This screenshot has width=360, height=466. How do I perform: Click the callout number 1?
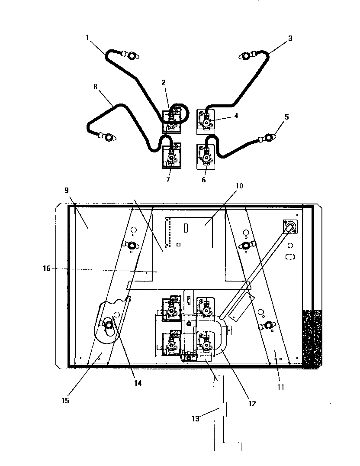[87, 37]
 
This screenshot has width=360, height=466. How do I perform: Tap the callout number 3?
[290, 39]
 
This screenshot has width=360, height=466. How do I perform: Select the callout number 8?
[95, 87]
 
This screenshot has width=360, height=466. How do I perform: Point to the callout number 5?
[286, 117]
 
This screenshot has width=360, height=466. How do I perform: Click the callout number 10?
[239, 186]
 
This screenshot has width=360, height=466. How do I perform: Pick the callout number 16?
[47, 269]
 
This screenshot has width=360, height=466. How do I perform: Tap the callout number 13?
[196, 419]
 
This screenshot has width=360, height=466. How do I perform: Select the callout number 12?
[252, 404]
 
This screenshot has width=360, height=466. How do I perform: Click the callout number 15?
[65, 401]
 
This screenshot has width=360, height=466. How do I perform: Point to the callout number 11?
[281, 387]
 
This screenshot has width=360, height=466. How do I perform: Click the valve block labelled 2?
[171, 122]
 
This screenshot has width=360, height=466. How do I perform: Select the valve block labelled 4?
[206, 122]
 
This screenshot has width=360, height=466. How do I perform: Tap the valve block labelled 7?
[171, 156]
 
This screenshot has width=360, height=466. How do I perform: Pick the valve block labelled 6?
[206, 157]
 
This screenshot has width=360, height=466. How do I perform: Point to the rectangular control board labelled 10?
[189, 232]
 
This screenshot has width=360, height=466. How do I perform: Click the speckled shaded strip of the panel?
[312, 338]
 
